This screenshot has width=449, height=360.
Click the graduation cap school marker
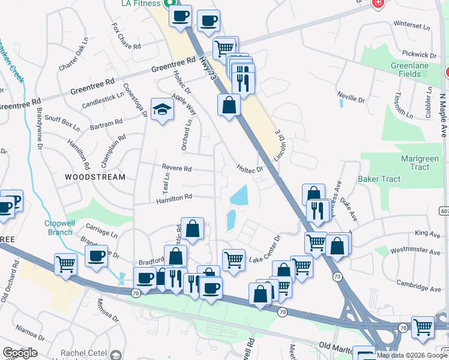pos(161,109)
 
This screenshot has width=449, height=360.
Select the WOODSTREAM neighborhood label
pos(95,177)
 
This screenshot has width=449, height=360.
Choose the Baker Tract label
pos(378,179)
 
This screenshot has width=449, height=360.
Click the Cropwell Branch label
pos(59,227)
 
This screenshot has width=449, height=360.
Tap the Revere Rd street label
pos(176,169)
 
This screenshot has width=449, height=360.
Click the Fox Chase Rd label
pos(126,37)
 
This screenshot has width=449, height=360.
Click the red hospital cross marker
pos(378,3)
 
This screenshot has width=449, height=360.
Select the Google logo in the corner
pos(20,353)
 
